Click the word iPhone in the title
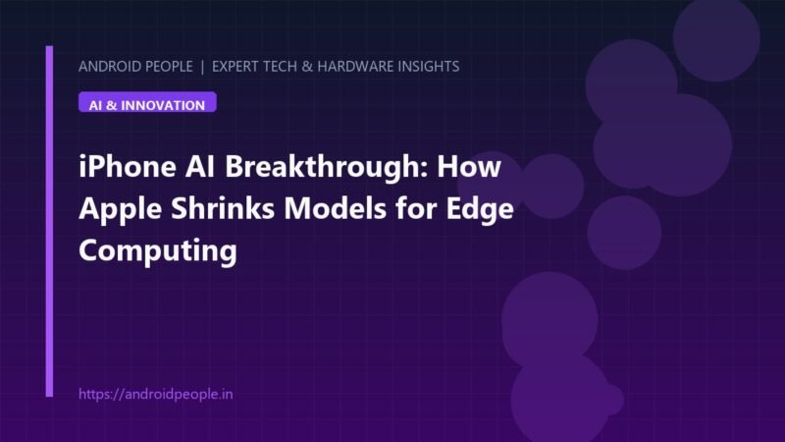tap(128, 166)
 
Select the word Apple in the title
tap(120, 209)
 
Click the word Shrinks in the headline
tap(223, 208)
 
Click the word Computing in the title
tap(158, 251)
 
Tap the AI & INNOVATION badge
tap(147, 102)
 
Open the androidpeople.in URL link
tap(156, 394)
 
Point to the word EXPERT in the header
tap(235, 66)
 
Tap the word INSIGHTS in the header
tap(429, 66)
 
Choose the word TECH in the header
tap(280, 66)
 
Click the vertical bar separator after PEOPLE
tap(202, 66)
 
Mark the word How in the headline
tap(469, 166)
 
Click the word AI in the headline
tap(200, 166)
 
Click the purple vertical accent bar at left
tap(49, 221)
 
